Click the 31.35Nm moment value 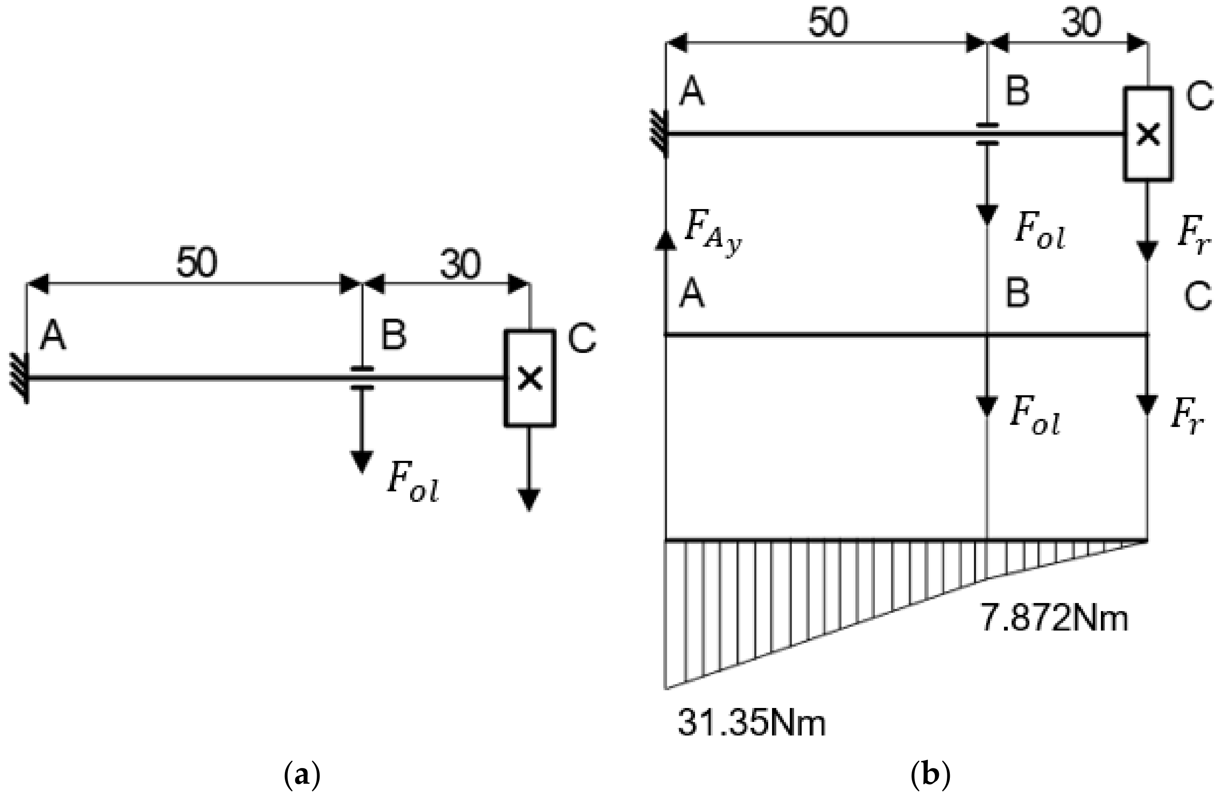pyautogui.click(x=751, y=724)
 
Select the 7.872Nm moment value pyautogui.click(x=1053, y=618)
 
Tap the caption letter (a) pyautogui.click(x=302, y=776)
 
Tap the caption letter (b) pyautogui.click(x=931, y=776)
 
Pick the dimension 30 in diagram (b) pyautogui.click(x=1081, y=23)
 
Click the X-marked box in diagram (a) pyautogui.click(x=530, y=378)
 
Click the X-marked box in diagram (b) pyautogui.click(x=1148, y=134)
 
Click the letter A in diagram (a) pyautogui.click(x=53, y=336)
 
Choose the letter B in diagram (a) pyautogui.click(x=393, y=336)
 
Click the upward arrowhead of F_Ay pyautogui.click(x=665, y=240)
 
